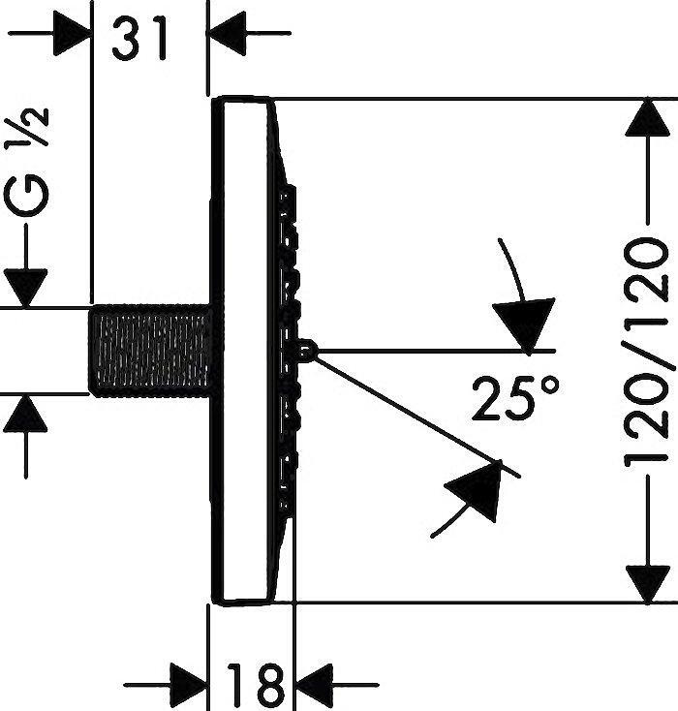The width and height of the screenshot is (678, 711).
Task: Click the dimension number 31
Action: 141,38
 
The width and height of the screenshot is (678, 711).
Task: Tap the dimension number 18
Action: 256,685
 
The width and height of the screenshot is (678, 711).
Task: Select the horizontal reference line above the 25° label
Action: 426,350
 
